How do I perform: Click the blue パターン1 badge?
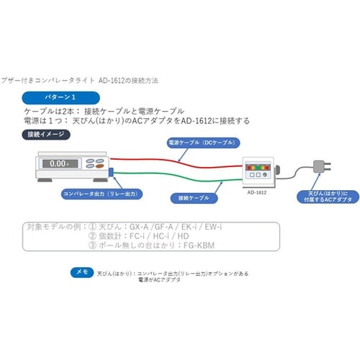point(59,96)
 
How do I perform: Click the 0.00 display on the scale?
point(58,163)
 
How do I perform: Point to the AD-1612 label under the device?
point(258,193)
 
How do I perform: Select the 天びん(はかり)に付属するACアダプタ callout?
point(318,197)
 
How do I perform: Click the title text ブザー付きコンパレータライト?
point(43,81)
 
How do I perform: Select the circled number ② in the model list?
point(93,235)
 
